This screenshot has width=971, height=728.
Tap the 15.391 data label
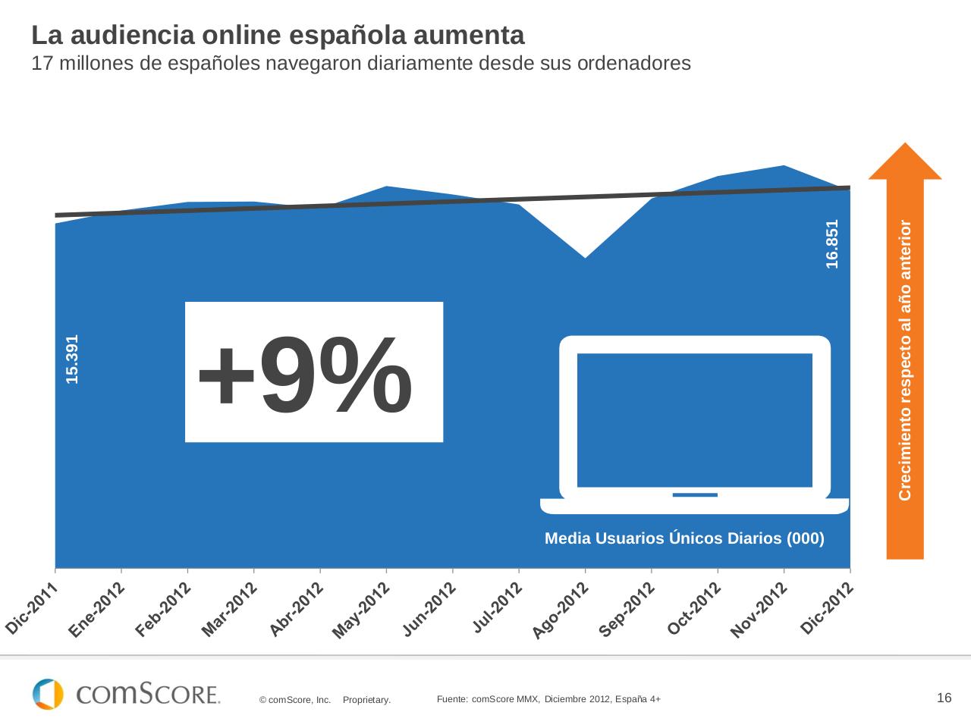[72, 359]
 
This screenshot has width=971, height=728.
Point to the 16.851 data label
[832, 243]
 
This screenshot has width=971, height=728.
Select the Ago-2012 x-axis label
[560, 610]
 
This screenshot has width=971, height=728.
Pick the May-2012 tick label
[361, 610]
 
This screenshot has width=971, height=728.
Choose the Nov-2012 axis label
[759, 610]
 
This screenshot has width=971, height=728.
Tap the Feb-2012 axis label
[162, 610]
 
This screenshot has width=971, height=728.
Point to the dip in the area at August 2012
[585, 259]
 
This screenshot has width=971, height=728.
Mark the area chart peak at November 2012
[784, 166]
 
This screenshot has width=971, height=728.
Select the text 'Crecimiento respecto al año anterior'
[905, 359]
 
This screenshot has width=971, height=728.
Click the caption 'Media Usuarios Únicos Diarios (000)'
[684, 539]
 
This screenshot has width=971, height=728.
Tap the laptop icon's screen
[694, 419]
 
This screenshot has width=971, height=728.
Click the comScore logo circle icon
[48, 694]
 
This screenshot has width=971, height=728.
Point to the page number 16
[944, 698]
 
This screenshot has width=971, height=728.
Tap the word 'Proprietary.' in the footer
[366, 700]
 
